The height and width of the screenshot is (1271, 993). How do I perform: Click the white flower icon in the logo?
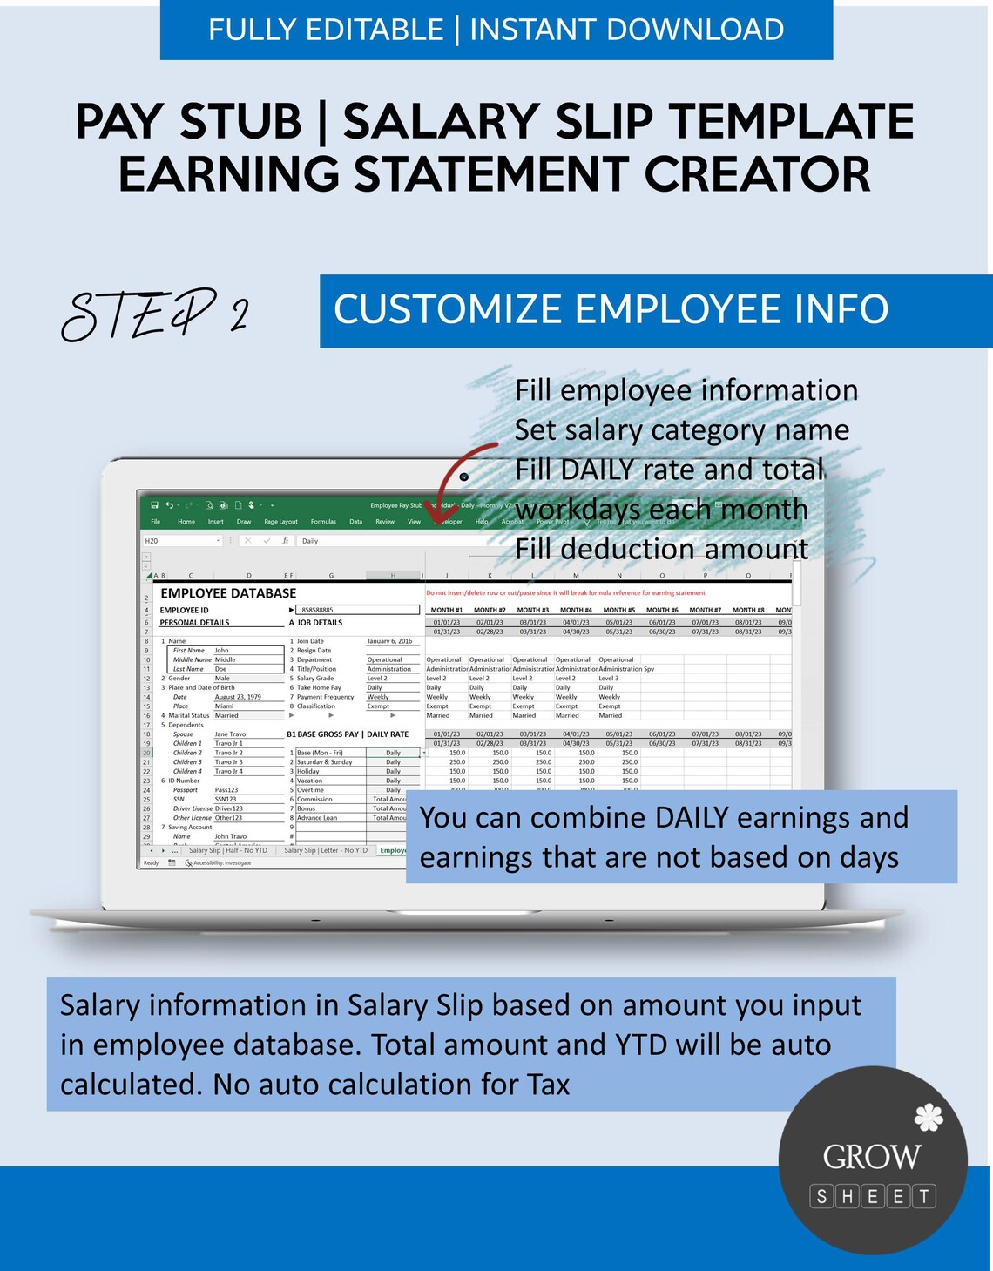[929, 1117]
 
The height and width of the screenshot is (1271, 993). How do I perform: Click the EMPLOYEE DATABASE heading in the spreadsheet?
[228, 593]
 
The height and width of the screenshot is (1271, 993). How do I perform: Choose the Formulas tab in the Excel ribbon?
[323, 522]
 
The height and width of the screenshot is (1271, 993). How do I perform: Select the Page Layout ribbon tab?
[280, 522]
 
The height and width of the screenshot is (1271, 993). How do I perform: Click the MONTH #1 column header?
[447, 610]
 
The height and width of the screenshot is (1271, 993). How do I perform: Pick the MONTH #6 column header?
[662, 610]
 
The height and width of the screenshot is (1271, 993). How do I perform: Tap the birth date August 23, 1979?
[238, 697]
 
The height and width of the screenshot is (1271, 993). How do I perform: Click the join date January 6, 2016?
[389, 641]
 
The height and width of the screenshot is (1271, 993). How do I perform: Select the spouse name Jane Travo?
[230, 734]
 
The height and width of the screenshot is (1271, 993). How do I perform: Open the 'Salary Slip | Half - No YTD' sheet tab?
[227, 850]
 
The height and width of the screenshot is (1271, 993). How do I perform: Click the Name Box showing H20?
[179, 541]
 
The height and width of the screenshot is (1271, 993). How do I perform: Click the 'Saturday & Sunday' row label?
[324, 762]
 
